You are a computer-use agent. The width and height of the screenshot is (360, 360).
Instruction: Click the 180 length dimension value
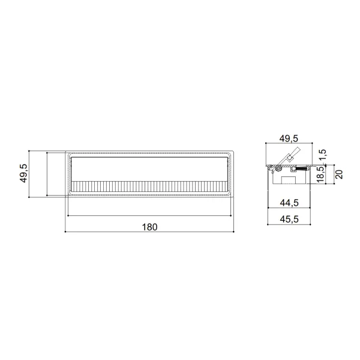click(149, 227)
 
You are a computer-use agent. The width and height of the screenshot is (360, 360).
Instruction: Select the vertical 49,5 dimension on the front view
click(23, 173)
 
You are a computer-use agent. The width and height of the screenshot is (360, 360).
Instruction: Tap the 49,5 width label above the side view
click(289, 139)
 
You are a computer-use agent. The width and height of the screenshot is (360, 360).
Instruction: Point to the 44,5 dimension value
click(289, 203)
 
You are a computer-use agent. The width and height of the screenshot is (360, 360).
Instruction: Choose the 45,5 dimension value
click(289, 219)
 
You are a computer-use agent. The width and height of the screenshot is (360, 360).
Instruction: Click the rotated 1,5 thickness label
click(323, 155)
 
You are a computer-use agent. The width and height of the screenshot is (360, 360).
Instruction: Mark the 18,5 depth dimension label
click(320, 175)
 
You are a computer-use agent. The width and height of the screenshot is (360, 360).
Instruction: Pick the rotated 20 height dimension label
click(339, 174)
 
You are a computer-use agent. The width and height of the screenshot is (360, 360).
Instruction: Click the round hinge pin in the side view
click(279, 169)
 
